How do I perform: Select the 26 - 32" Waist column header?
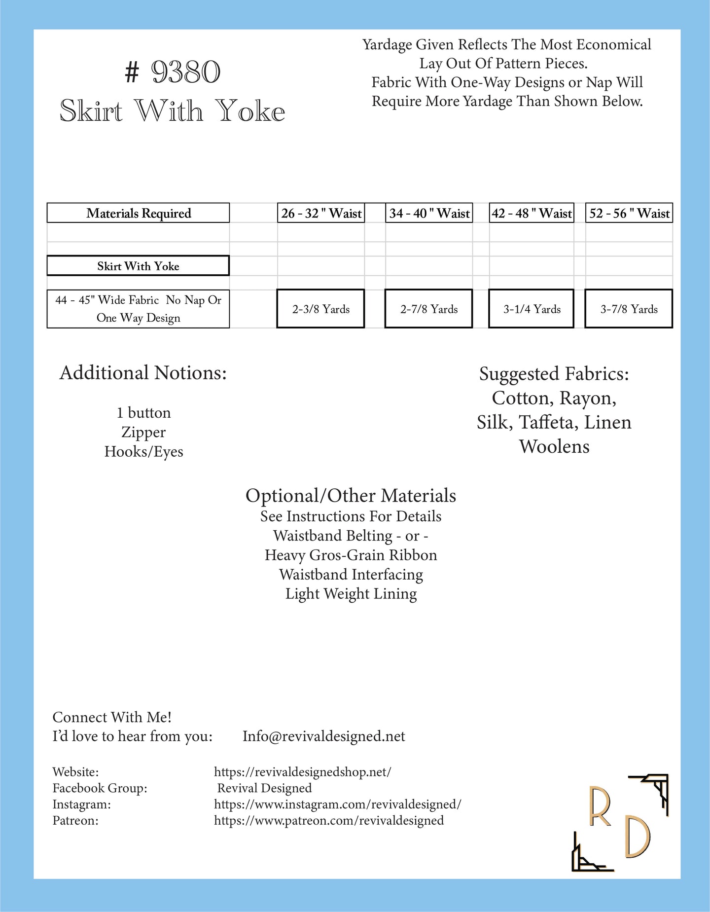click(321, 213)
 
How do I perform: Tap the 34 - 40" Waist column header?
click(429, 213)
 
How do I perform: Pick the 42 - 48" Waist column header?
click(532, 213)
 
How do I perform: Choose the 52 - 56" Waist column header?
click(629, 213)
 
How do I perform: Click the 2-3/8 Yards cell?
click(321, 309)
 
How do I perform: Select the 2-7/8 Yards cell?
click(429, 309)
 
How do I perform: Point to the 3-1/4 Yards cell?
click(532, 309)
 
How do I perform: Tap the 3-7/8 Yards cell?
click(629, 309)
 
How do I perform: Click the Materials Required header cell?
click(139, 213)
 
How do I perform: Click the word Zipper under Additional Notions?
click(143, 432)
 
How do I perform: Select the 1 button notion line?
click(143, 412)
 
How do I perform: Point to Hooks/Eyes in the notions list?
click(143, 451)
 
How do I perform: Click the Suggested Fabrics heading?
click(554, 374)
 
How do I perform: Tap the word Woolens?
click(554, 446)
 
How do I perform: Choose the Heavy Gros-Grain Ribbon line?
click(351, 555)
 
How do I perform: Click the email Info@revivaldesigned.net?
click(323, 736)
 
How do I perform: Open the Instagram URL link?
click(337, 804)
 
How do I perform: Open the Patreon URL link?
click(329, 820)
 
